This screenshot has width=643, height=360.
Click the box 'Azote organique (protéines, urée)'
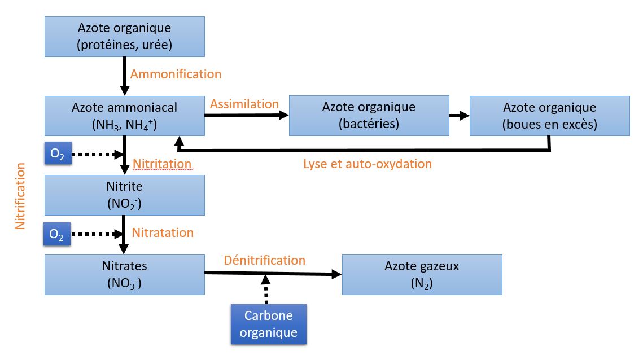[125, 37]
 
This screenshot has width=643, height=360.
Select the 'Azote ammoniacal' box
[125, 116]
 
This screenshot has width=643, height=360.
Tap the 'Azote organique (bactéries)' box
[369, 116]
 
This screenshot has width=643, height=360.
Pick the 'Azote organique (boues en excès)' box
[549, 116]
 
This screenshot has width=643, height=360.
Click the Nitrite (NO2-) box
[125, 195]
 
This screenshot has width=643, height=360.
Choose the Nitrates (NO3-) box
[125, 275]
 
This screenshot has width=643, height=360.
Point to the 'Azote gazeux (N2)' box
[422, 275]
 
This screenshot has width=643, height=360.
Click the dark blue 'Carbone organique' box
[269, 324]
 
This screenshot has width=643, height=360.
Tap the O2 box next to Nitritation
[58, 153]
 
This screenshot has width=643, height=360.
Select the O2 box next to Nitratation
[57, 234]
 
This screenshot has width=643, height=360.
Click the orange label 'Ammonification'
[176, 74]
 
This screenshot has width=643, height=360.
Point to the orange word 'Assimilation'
[244, 104]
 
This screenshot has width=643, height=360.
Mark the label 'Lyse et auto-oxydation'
[368, 164]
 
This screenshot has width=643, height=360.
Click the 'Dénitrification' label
[265, 260]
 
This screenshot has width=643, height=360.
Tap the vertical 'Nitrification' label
[20, 196]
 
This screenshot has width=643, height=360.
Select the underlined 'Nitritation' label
[162, 164]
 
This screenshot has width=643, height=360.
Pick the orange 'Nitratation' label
[163, 232]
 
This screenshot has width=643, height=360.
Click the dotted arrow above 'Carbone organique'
[266, 289]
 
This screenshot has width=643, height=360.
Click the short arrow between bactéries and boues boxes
[460, 116]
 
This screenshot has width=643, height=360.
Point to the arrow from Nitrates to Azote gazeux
[273, 274]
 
